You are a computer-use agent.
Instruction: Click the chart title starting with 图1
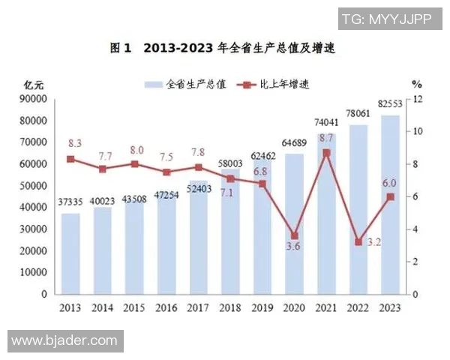tap(222, 49)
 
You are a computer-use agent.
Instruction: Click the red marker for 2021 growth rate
tap(326, 153)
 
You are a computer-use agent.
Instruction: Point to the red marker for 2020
tap(295, 235)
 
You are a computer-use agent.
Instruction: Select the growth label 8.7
tap(326, 138)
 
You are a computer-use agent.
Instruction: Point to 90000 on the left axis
tap(34, 99)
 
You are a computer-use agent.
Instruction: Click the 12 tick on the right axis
tap(418, 99)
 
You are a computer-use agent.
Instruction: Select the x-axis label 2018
tap(230, 307)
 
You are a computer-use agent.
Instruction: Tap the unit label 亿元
tap(33, 85)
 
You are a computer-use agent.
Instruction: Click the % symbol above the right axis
tap(417, 85)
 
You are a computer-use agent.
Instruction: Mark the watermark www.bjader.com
tap(64, 341)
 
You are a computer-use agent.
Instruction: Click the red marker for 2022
tap(358, 242)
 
